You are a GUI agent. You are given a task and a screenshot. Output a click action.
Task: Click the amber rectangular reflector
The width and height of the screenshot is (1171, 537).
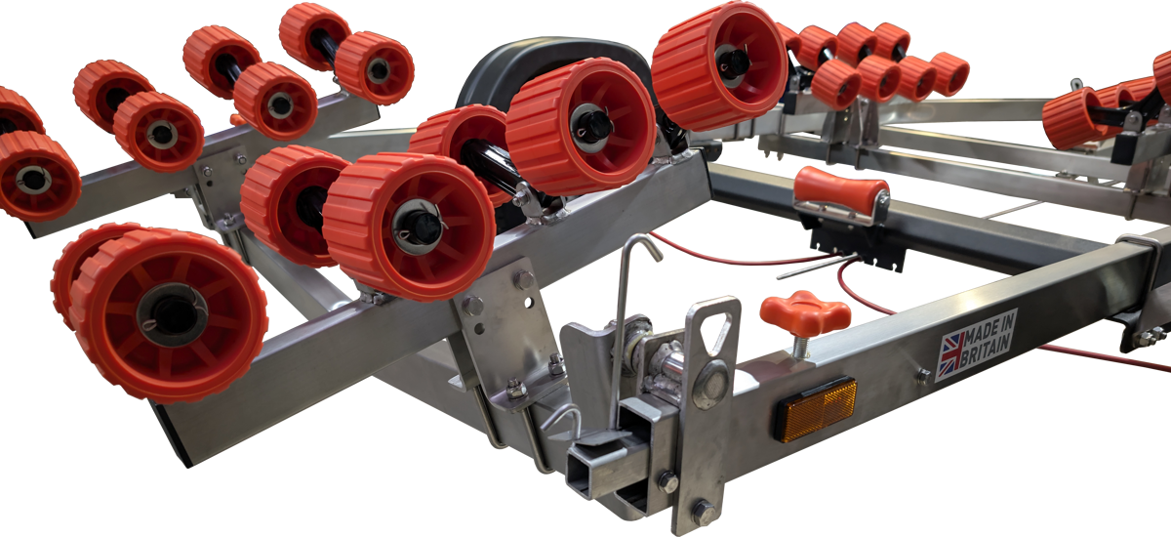(817, 409)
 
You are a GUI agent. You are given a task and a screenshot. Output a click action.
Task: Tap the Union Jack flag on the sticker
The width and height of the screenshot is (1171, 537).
(952, 354)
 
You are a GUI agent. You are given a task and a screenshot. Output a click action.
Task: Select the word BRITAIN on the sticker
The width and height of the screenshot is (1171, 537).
(985, 349)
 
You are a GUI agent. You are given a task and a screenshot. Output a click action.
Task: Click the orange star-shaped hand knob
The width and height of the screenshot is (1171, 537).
(804, 313)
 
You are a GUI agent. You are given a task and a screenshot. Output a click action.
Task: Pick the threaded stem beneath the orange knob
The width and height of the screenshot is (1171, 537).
(800, 347)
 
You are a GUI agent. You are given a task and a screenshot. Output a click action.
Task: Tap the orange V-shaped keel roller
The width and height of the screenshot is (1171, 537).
(840, 189)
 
